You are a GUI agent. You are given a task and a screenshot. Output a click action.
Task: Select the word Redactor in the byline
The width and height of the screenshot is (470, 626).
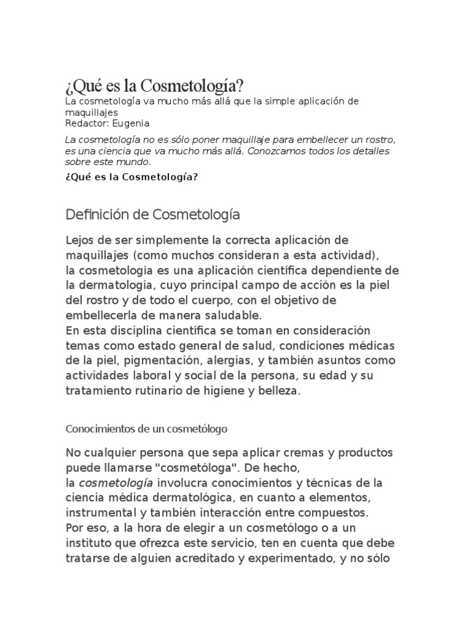click(x=87, y=123)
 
